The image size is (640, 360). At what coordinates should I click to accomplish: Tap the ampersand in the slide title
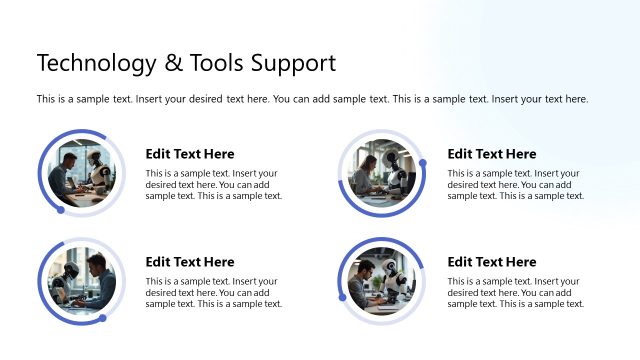pyautogui.click(x=173, y=63)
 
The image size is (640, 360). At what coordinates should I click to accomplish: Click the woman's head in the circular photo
pyautogui.click(x=370, y=162)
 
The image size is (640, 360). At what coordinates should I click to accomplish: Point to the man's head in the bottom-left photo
pyautogui.click(x=96, y=264)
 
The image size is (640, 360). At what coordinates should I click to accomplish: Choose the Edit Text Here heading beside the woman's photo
pyautogui.click(x=491, y=154)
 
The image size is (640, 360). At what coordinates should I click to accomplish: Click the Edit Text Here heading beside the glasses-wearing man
pyautogui.click(x=491, y=262)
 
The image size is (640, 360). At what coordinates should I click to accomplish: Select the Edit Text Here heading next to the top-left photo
pyautogui.click(x=190, y=154)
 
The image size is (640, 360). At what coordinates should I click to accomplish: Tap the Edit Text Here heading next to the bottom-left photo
pyautogui.click(x=190, y=262)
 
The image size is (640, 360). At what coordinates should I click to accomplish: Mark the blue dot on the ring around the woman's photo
pyautogui.click(x=422, y=163)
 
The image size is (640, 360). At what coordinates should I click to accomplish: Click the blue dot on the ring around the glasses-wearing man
pyautogui.click(x=342, y=297)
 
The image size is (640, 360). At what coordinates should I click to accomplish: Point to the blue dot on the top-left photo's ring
pyautogui.click(x=60, y=210)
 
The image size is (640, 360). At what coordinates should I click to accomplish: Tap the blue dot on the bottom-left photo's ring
pyautogui.click(x=102, y=318)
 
